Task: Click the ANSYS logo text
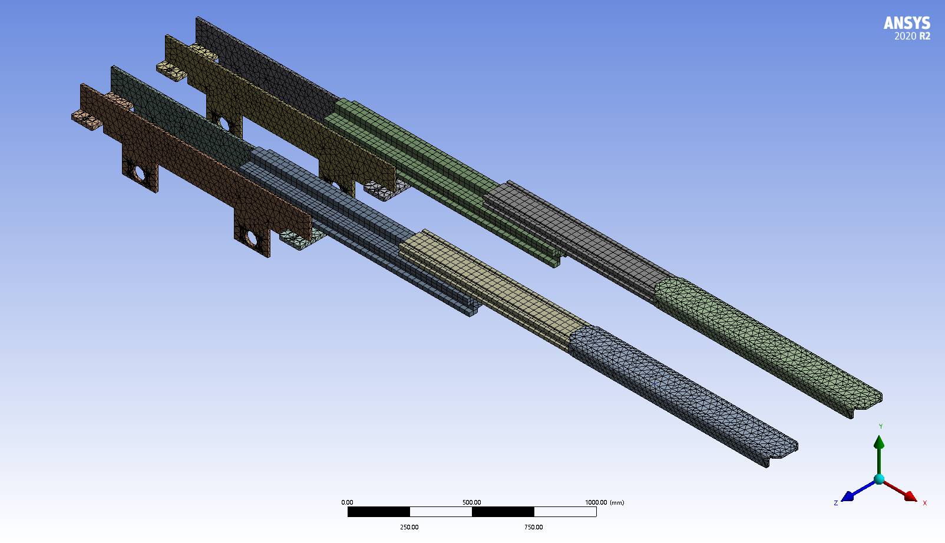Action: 907,23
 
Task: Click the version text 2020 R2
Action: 912,37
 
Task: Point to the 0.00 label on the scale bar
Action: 347,502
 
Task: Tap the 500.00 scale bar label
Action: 472,502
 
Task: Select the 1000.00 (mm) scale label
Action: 604,502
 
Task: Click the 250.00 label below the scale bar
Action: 409,527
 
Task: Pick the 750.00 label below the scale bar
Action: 534,527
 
